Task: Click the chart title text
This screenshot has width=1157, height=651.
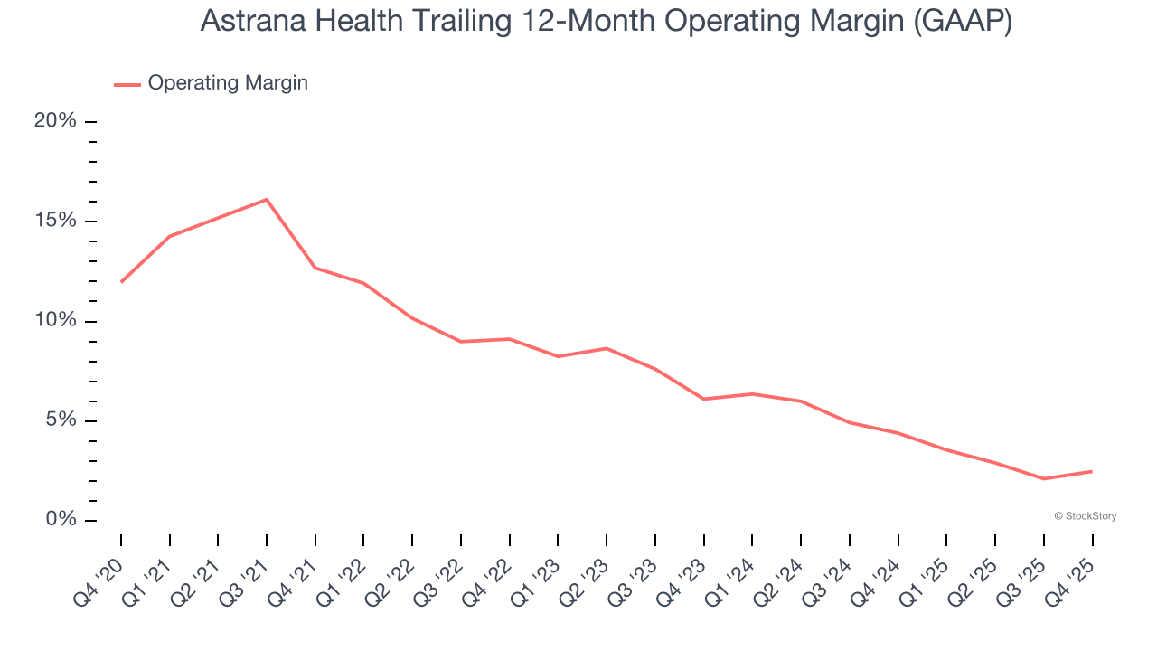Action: pyautogui.click(x=606, y=21)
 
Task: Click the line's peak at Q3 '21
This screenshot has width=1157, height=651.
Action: pyautogui.click(x=267, y=199)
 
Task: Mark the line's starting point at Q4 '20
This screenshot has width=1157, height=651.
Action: pyautogui.click(x=121, y=282)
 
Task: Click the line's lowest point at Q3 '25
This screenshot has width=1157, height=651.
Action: pyautogui.click(x=1044, y=478)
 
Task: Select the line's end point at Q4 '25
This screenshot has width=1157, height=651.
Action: pyautogui.click(x=1092, y=471)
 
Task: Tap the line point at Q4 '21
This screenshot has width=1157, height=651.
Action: pyautogui.click(x=315, y=268)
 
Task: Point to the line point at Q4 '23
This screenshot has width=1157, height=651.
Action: pyautogui.click(x=704, y=399)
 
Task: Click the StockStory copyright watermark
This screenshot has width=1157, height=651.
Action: pyautogui.click(x=1086, y=516)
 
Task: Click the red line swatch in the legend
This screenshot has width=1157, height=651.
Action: pyautogui.click(x=127, y=84)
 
